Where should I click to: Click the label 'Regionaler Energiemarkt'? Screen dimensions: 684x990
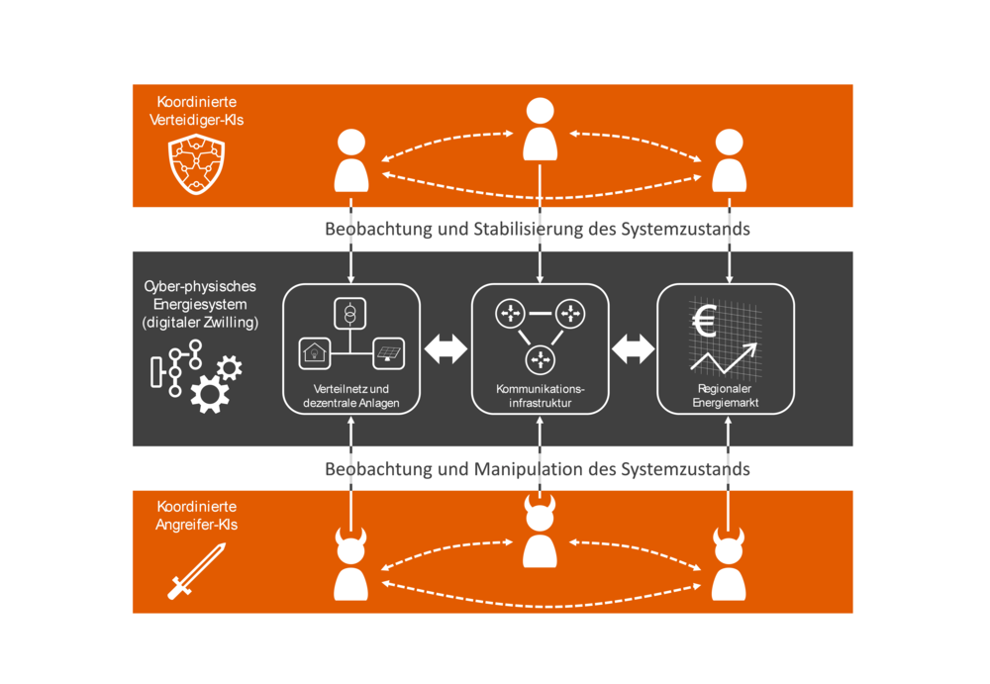click(x=726, y=396)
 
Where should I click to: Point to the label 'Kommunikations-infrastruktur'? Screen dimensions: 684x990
click(x=540, y=396)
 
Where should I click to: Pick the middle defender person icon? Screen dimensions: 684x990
click(x=540, y=129)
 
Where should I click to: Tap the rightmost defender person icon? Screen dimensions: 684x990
click(x=729, y=160)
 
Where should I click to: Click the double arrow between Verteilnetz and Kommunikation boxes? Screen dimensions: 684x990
click(x=445, y=348)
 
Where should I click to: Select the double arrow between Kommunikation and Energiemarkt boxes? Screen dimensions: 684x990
click(x=634, y=348)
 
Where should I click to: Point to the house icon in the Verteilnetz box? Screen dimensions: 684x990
click(x=315, y=351)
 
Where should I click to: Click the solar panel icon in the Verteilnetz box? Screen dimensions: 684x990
click(x=387, y=351)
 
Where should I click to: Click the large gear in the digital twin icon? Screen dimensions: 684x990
click(x=209, y=393)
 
